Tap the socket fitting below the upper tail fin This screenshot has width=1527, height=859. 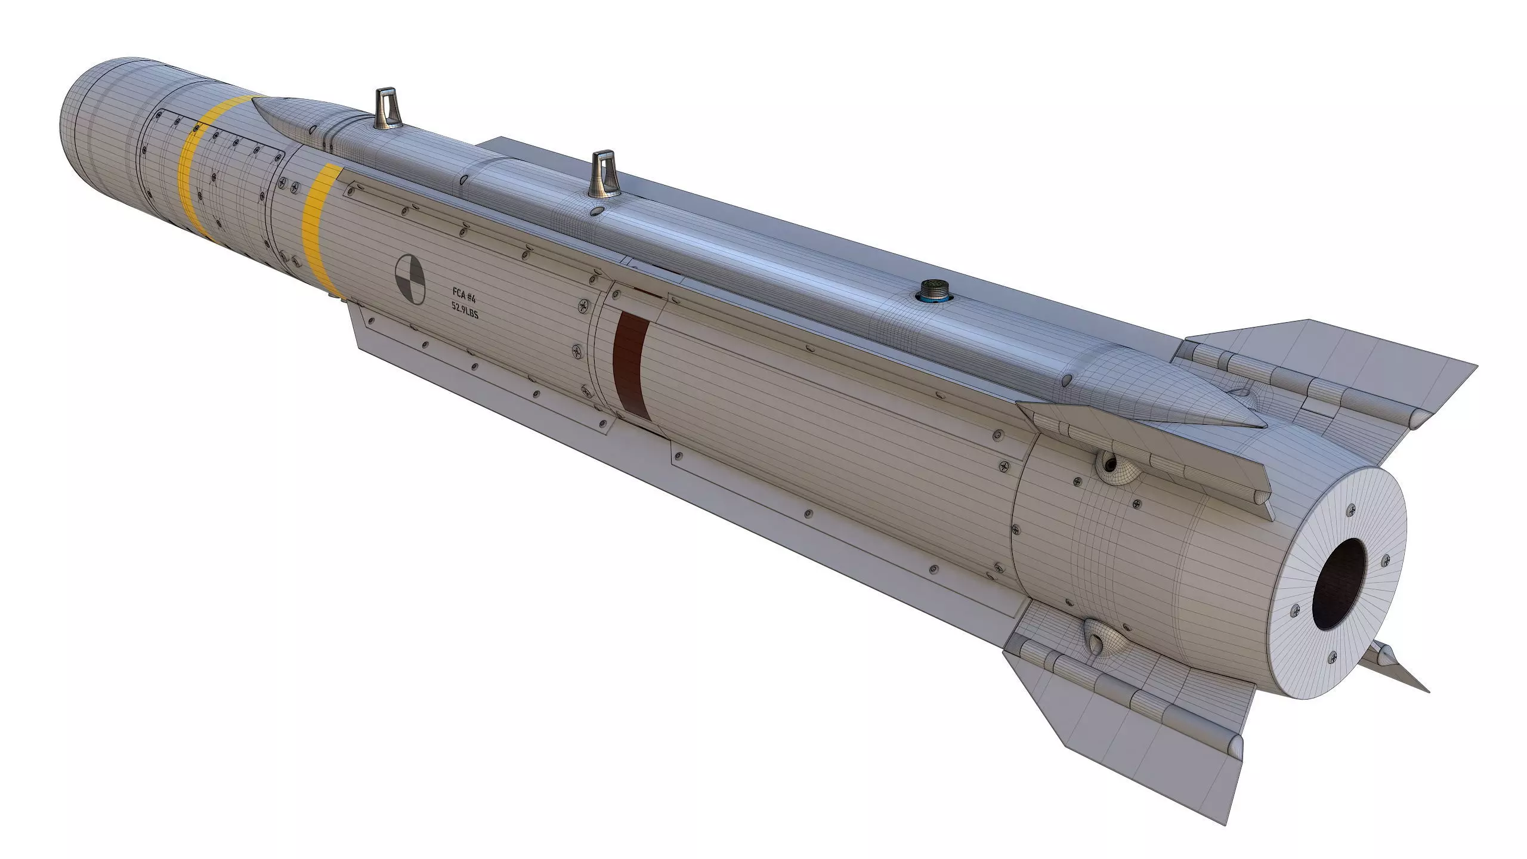(1111, 462)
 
